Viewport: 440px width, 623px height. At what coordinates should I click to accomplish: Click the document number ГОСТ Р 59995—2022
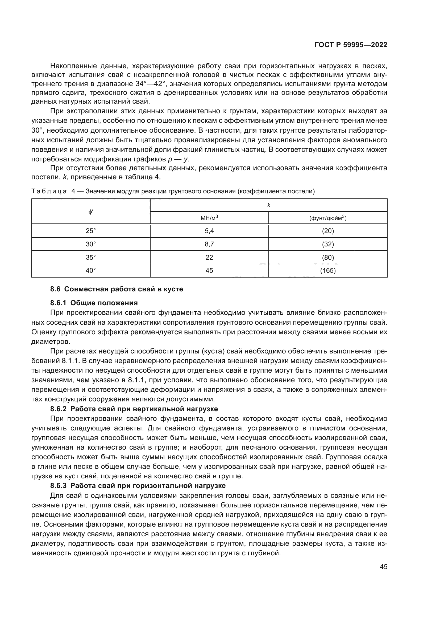tap(351, 45)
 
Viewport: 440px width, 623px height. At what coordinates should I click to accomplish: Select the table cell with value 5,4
tap(209, 231)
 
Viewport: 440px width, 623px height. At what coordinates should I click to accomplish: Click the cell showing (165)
tap(328, 271)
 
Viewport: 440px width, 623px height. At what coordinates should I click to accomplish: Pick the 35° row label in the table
tap(91, 257)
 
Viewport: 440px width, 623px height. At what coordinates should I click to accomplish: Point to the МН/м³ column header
tap(209, 218)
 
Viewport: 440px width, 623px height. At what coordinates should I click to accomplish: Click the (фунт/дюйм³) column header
tap(328, 218)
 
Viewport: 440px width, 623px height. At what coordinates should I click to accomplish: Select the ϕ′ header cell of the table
tap(91, 212)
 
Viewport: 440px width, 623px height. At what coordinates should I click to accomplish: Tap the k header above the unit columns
tap(268, 205)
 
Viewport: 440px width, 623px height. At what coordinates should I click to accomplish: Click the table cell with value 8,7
tap(209, 244)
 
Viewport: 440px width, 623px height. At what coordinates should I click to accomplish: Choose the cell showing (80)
tap(328, 257)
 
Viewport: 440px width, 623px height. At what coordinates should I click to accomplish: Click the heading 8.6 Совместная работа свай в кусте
tap(117, 289)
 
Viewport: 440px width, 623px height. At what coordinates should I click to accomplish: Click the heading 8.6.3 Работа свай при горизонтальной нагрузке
tap(138, 486)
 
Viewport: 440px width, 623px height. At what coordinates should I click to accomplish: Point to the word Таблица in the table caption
tap(49, 192)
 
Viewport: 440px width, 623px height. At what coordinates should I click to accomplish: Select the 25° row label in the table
tap(91, 231)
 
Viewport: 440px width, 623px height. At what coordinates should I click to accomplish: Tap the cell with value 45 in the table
tap(209, 271)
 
